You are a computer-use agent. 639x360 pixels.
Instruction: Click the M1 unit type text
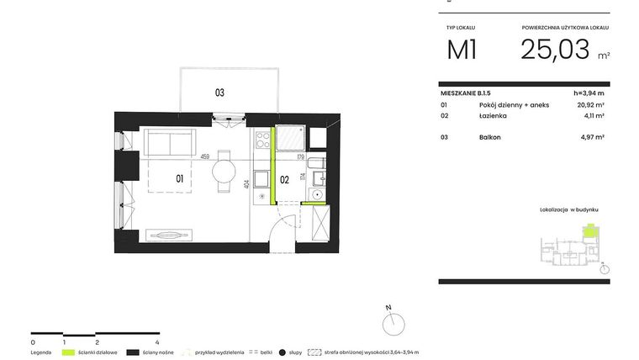pos(462,50)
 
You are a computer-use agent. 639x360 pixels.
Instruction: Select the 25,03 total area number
pos(555,50)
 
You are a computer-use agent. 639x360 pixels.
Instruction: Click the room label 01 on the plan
pos(180,178)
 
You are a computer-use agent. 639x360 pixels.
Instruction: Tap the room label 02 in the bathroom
pos(284,179)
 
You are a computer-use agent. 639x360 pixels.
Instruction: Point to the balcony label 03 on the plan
pos(219,93)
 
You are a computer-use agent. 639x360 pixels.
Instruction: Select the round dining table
pos(224,171)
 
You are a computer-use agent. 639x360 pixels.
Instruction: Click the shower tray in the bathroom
pos(291,138)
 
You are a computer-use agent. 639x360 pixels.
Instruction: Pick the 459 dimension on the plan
pos(204,156)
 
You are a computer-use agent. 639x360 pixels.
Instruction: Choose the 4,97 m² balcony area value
pos(593,136)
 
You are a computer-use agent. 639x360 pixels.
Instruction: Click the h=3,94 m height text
pos(589,93)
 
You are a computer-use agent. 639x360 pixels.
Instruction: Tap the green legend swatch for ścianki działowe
pos(68,352)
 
